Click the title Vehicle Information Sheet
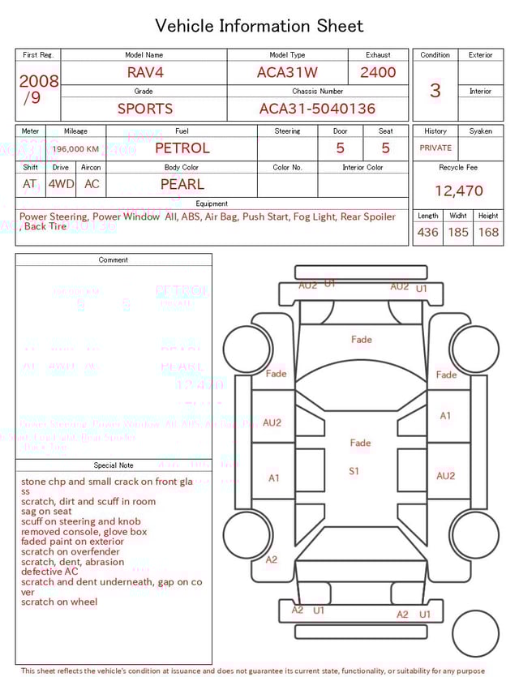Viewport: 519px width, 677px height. coord(259,26)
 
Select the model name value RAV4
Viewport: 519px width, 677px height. coord(145,72)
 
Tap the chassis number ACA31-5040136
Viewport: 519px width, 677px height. coord(317,109)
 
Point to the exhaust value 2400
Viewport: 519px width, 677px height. coord(378,72)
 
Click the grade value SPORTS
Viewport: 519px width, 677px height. coord(145,109)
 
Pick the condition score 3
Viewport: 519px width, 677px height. coord(435,91)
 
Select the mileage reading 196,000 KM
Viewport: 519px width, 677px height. coord(76,149)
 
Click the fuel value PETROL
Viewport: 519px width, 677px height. coord(182,148)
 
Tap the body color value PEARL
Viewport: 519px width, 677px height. coord(182,184)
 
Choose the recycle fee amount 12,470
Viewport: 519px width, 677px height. coord(458,191)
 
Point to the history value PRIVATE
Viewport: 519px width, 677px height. coord(435,148)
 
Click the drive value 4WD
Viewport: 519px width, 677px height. coord(61,184)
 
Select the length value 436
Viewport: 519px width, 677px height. coord(427,232)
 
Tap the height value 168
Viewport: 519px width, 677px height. coord(488,232)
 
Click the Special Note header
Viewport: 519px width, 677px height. coord(114,465)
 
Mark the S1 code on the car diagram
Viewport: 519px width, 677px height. coord(354,471)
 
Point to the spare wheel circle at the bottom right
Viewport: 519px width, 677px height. coord(476,634)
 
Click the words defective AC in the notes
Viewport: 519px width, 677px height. coord(50,572)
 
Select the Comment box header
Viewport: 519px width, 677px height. coord(114,260)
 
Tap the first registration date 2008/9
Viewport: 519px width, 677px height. coord(38,89)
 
